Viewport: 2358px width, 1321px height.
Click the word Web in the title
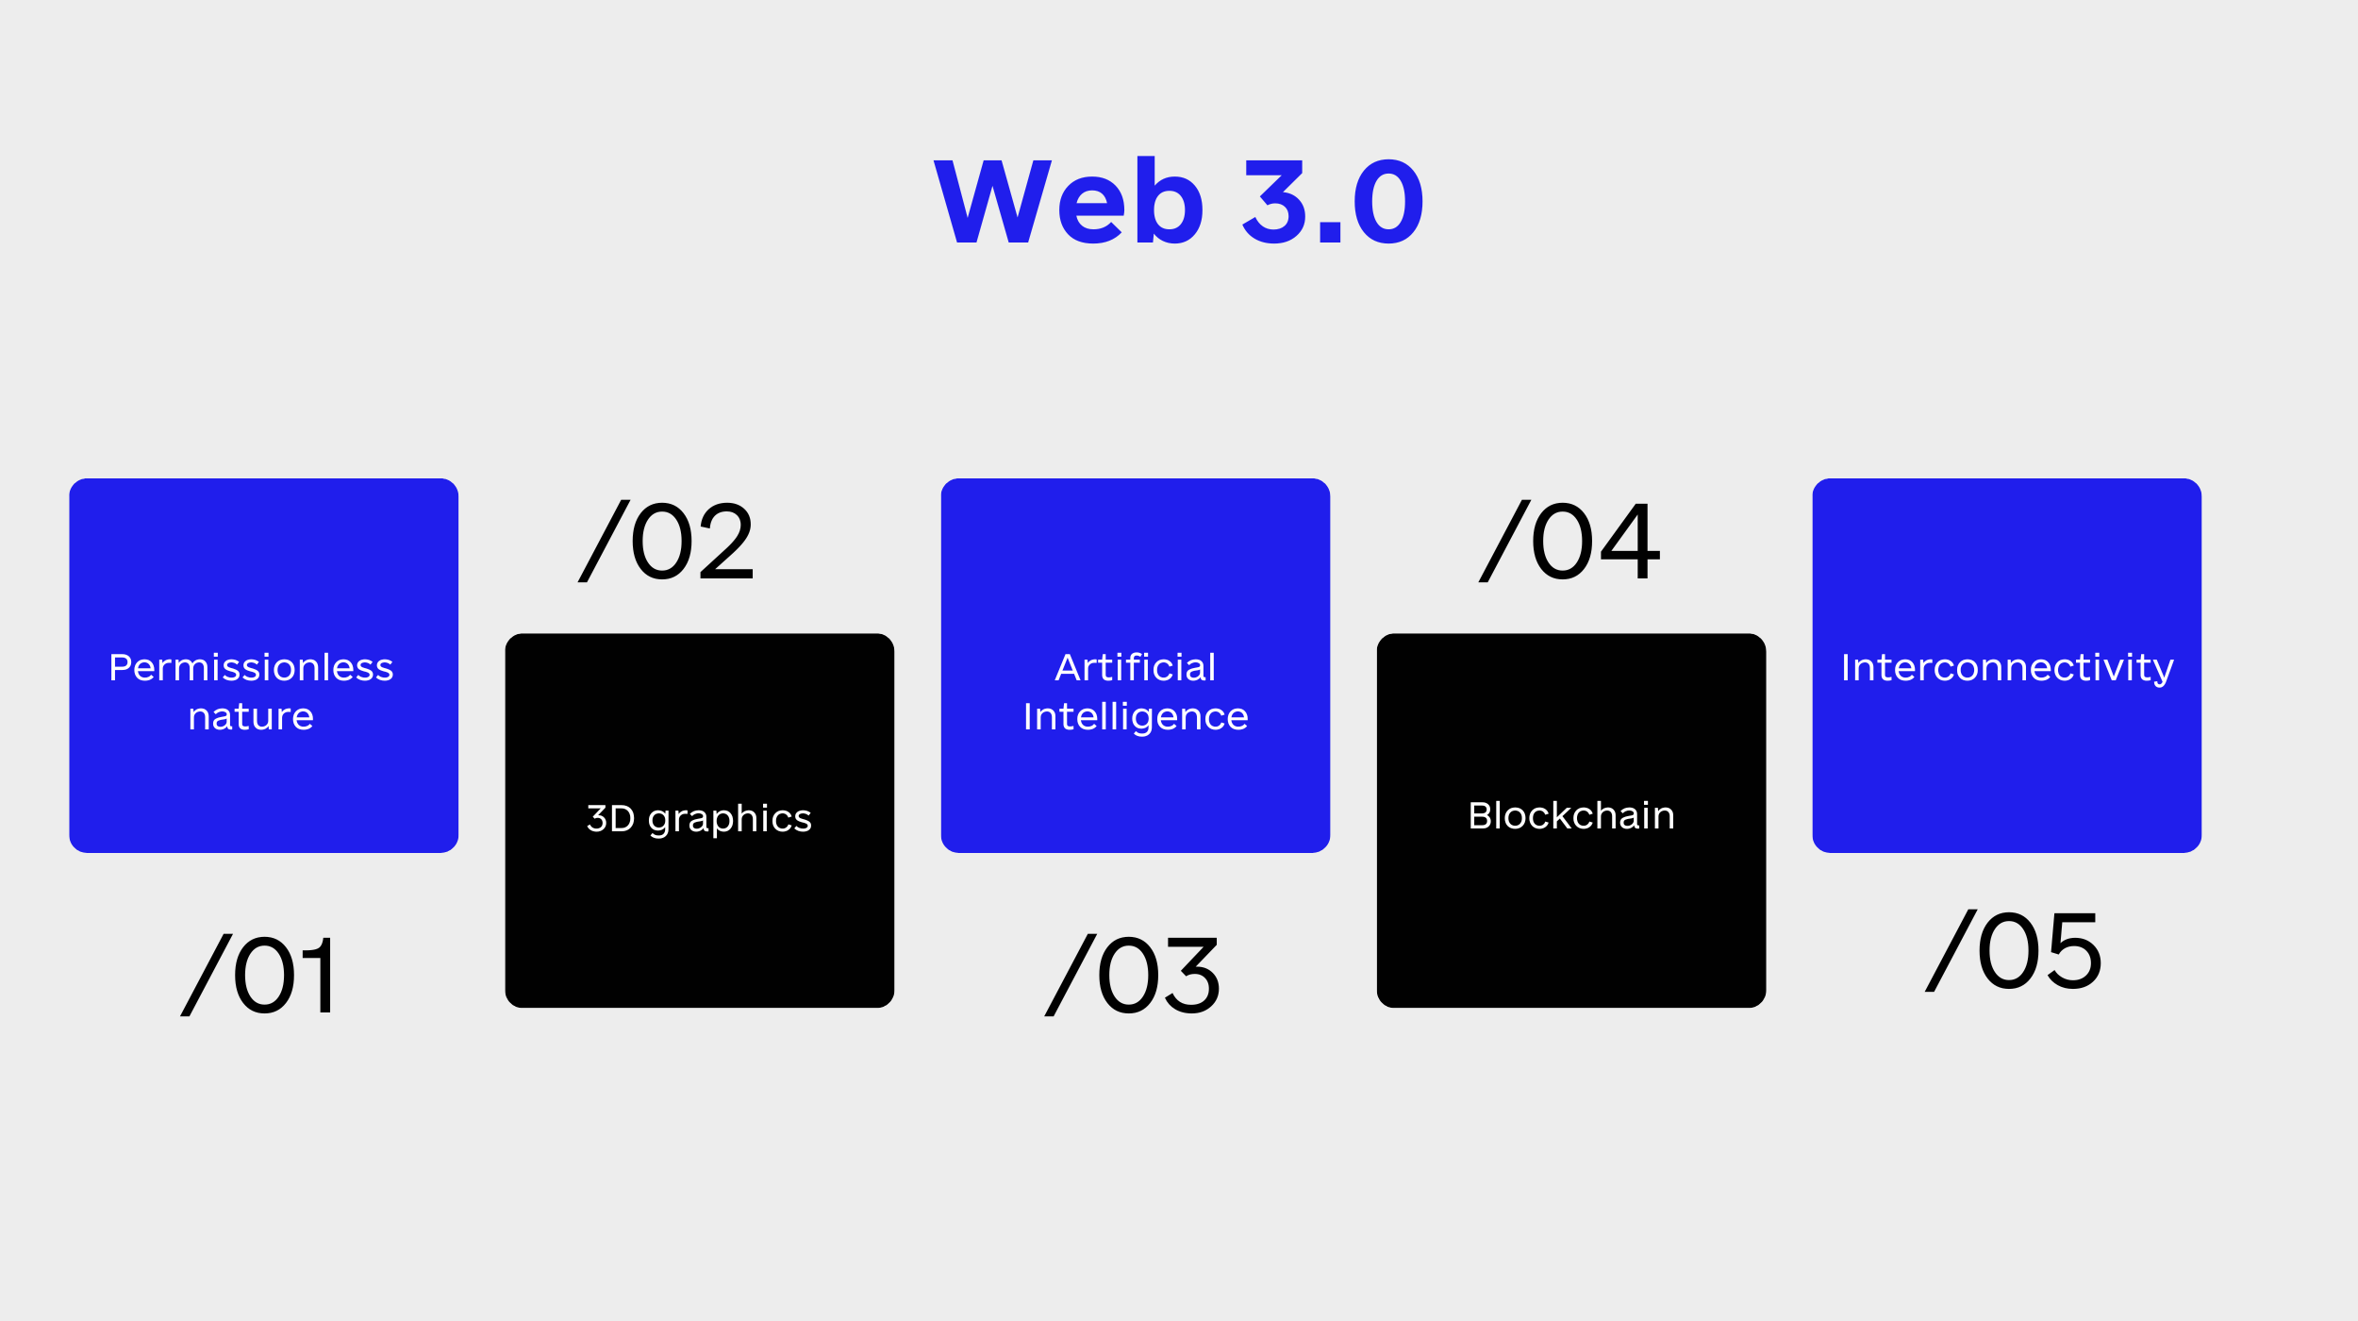pyautogui.click(x=1069, y=199)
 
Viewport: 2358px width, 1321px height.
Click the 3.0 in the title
pyautogui.click(x=1333, y=200)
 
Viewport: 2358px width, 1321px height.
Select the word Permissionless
pyautogui.click(x=251, y=667)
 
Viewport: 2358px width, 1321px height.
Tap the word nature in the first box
pyautogui.click(x=251, y=717)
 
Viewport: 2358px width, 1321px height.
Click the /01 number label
pyautogui.click(x=257, y=975)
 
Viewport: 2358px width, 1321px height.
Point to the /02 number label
pyautogui.click(x=666, y=541)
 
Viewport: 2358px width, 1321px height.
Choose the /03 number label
pyautogui.click(x=1132, y=975)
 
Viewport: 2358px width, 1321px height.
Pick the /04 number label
pyautogui.click(x=1569, y=541)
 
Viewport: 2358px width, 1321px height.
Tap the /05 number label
pyautogui.click(x=2015, y=950)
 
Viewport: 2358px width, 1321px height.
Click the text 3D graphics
pyautogui.click(x=699, y=819)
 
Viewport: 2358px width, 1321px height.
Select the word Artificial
pyautogui.click(x=1136, y=667)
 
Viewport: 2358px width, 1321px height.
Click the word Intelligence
pyautogui.click(x=1136, y=717)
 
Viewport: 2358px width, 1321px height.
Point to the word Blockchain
pyautogui.click(x=1571, y=815)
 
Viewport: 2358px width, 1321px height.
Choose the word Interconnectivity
pyautogui.click(x=2007, y=668)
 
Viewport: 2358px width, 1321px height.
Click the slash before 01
pyautogui.click(x=207, y=975)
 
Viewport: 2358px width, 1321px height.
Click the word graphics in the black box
pyautogui.click(x=730, y=819)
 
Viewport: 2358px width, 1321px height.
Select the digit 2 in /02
pyautogui.click(x=726, y=540)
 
